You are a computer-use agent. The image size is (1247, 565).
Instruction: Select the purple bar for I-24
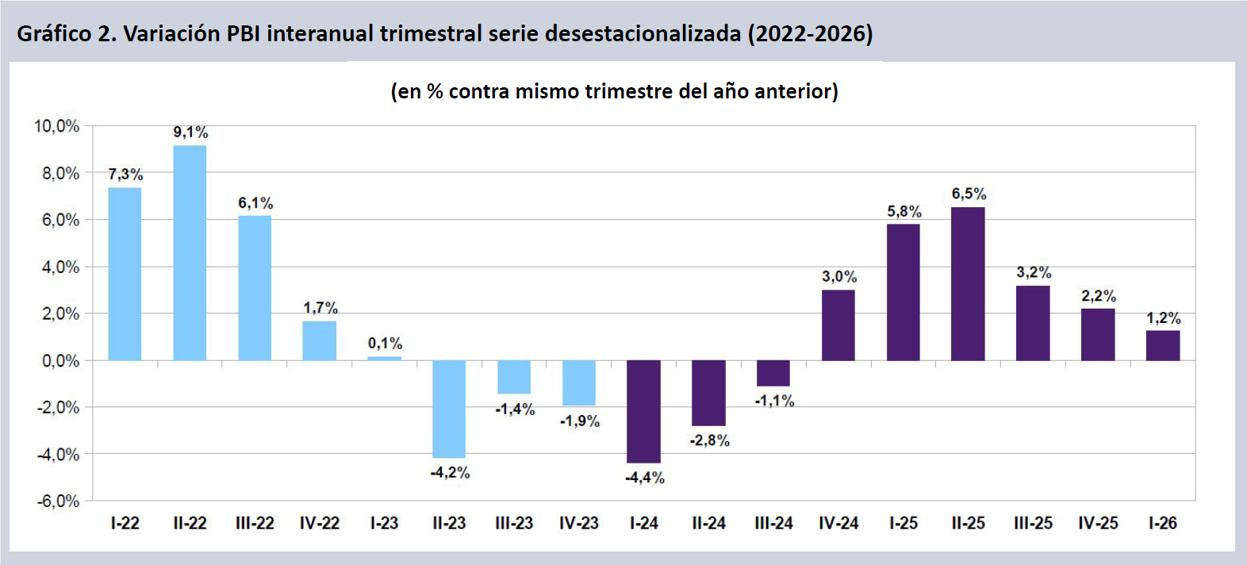643,411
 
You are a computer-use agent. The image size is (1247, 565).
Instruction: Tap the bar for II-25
968,283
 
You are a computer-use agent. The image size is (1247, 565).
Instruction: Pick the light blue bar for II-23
449,409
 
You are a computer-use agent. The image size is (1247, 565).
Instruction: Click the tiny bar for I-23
384,359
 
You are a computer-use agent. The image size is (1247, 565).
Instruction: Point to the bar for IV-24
838,325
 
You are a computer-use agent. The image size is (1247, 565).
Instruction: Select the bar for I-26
1163,345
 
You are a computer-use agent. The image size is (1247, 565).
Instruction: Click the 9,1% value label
190,133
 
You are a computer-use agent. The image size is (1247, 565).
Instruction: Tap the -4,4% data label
645,478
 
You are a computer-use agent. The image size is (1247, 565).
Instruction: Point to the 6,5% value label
969,194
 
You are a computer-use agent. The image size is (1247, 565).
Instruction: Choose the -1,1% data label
774,401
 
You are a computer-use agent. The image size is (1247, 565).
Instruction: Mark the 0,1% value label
385,344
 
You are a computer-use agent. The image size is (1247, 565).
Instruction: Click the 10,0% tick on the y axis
56,126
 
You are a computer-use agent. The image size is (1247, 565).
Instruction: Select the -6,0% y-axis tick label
58,502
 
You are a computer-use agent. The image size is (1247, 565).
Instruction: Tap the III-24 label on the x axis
773,524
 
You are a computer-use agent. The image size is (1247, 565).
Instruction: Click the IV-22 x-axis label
319,524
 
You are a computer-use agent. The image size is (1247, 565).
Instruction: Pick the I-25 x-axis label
904,524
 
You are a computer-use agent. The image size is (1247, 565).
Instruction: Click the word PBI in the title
244,34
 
